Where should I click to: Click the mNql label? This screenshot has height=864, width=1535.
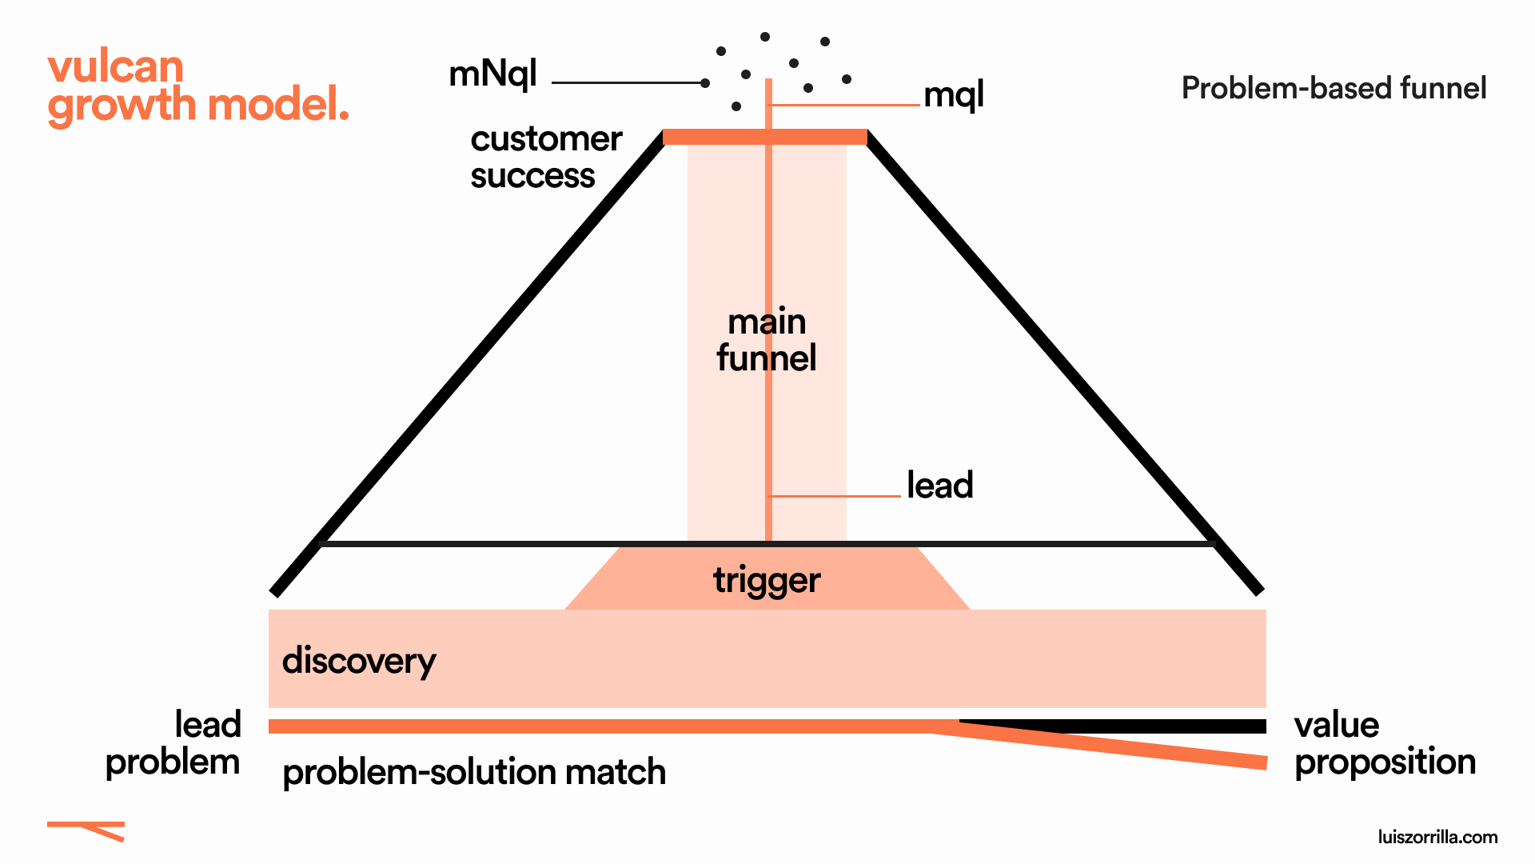pyautogui.click(x=492, y=74)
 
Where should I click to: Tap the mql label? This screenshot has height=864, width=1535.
pyautogui.click(x=953, y=95)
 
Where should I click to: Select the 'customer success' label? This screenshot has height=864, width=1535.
pyautogui.click(x=545, y=157)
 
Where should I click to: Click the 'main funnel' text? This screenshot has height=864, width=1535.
pyautogui.click(x=766, y=339)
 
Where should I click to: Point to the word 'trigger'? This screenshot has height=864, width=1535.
pyautogui.click(x=766, y=580)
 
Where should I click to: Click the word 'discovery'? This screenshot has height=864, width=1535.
pyautogui.click(x=359, y=661)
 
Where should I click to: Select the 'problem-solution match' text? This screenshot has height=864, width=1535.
pyautogui.click(x=474, y=772)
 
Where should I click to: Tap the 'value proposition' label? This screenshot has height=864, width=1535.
pyautogui.click(x=1384, y=743)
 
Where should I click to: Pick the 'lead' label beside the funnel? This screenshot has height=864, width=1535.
pyautogui.click(x=939, y=485)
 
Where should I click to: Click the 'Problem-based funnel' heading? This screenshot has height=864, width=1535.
pyautogui.click(x=1334, y=88)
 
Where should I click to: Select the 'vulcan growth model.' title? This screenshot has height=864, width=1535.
pyautogui.click(x=197, y=86)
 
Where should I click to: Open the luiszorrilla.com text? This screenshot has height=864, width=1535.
pyautogui.click(x=1437, y=837)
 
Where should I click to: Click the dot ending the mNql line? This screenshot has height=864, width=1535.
pyautogui.click(x=704, y=83)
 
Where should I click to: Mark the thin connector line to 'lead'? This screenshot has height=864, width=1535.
pyautogui.click(x=835, y=496)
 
